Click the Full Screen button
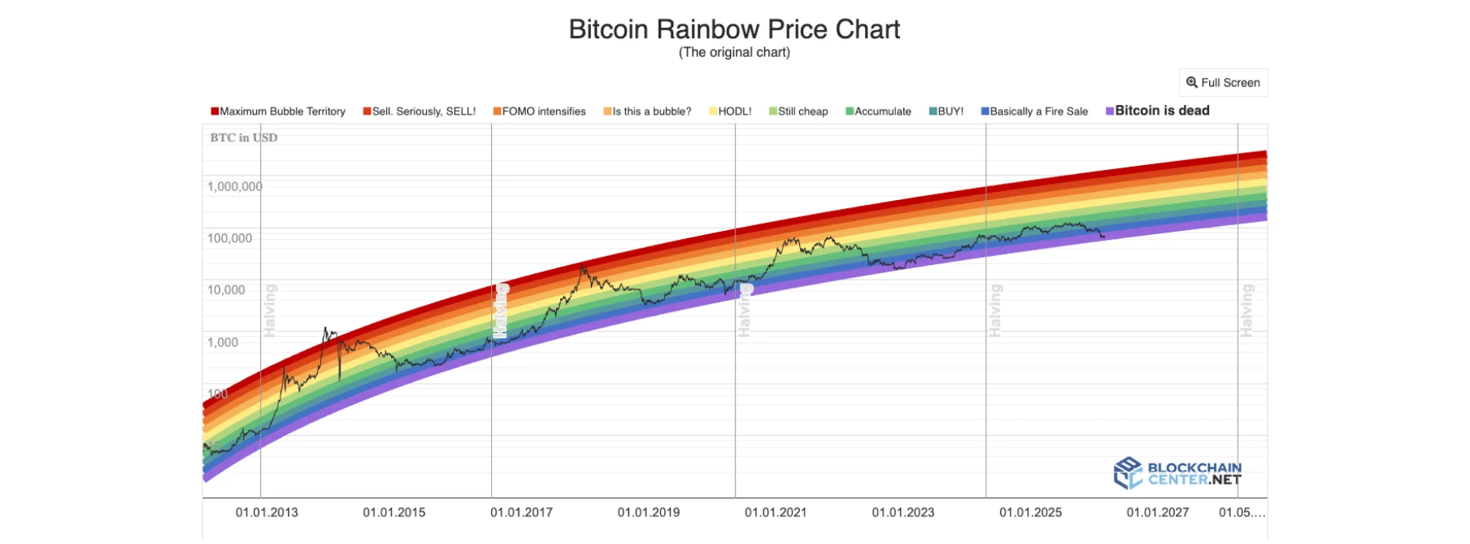pos(1223,83)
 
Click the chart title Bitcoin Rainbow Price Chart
pos(734,29)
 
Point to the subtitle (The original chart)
pos(734,53)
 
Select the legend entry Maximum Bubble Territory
pos(278,111)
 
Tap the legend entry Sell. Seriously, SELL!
pos(420,111)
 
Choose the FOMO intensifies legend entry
pos(539,111)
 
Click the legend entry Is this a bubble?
pos(647,111)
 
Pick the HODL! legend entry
pos(730,111)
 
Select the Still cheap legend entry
pos(798,111)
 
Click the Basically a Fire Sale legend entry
pos(1034,111)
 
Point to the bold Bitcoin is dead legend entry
pos(1158,111)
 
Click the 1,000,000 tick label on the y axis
pos(234,187)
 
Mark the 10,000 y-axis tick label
pos(226,290)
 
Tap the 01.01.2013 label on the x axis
pos(267,512)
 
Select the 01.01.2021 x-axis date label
pos(776,512)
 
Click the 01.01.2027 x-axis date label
pos(1158,512)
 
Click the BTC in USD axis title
pos(244,137)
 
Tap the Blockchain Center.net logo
pos(1177,473)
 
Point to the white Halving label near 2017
pos(501,311)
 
